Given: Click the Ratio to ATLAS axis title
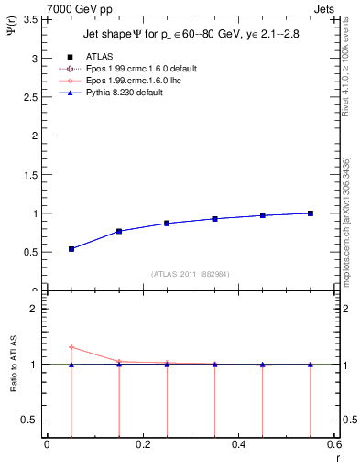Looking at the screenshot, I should coord(14,365).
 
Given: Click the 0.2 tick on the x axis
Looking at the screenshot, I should coord(143,445).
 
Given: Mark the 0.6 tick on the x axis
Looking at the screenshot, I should coord(334,445).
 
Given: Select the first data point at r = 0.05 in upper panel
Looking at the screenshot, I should coord(71,248).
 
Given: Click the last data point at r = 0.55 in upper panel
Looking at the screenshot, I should coord(311,213).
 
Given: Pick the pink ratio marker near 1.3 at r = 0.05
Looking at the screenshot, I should coord(71,347).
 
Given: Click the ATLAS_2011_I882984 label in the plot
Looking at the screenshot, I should coord(191,273).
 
